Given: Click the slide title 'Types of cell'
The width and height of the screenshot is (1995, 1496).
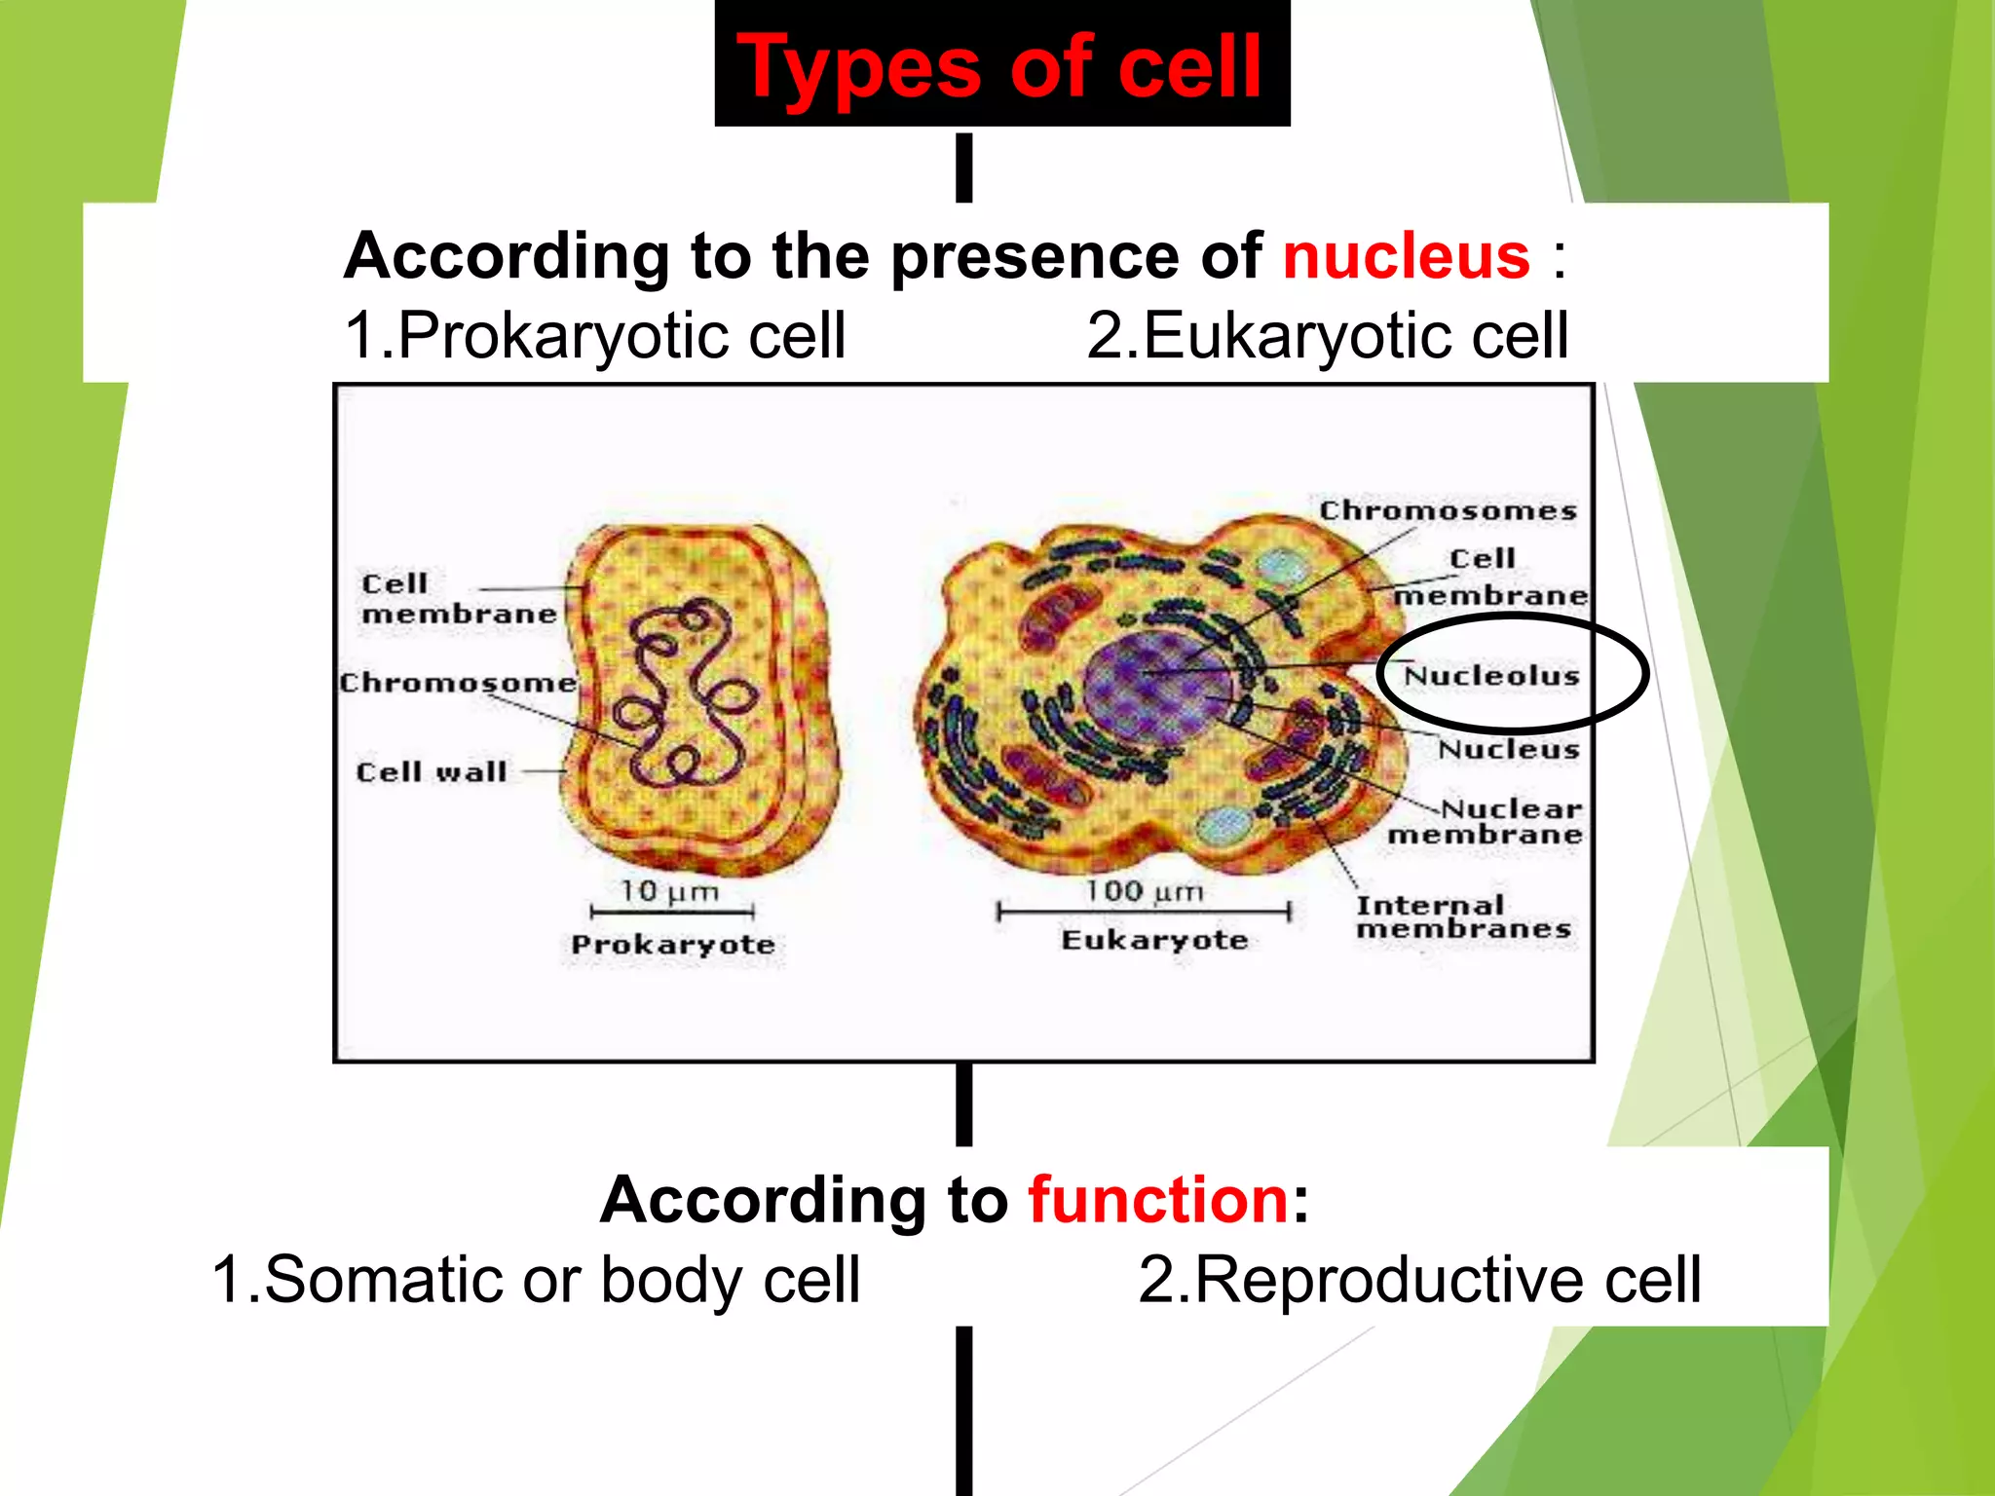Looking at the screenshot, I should pyautogui.click(x=1000, y=66).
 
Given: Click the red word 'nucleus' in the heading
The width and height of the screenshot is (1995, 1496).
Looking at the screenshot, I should pyautogui.click(x=1406, y=256).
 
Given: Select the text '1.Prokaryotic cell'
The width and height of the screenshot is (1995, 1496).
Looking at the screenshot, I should pyautogui.click(x=595, y=335).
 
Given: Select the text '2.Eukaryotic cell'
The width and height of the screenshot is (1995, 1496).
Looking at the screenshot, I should pyautogui.click(x=1327, y=335).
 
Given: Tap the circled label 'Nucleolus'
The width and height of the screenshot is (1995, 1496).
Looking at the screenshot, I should pyautogui.click(x=1491, y=676).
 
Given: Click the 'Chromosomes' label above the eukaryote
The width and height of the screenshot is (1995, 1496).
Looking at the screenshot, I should pyautogui.click(x=1448, y=511).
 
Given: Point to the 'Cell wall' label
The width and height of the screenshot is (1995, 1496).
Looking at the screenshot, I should pyautogui.click(x=432, y=772).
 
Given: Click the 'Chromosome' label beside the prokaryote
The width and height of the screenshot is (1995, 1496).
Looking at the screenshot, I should pyautogui.click(x=458, y=683).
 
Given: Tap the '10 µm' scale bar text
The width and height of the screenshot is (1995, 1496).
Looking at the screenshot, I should pyautogui.click(x=669, y=891).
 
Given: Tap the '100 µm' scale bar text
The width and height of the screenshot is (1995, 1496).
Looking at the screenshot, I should pyautogui.click(x=1145, y=891).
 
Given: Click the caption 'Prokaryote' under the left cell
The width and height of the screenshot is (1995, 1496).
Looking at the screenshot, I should pyautogui.click(x=673, y=945).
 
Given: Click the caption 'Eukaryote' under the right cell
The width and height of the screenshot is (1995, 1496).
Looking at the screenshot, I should pyautogui.click(x=1154, y=940).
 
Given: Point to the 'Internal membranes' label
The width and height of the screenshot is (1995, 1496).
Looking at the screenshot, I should pyautogui.click(x=1462, y=917).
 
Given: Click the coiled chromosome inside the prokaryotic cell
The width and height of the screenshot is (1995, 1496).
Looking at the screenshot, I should pyautogui.click(x=682, y=692).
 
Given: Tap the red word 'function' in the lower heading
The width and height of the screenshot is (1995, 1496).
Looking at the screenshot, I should pyautogui.click(x=1159, y=1200).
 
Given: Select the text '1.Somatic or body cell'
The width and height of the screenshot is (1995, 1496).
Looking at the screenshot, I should pyautogui.click(x=536, y=1279).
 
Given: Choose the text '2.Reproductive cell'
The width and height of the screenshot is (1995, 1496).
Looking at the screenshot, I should pyautogui.click(x=1419, y=1279).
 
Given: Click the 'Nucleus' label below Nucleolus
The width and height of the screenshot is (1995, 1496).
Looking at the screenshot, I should pyautogui.click(x=1509, y=749).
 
